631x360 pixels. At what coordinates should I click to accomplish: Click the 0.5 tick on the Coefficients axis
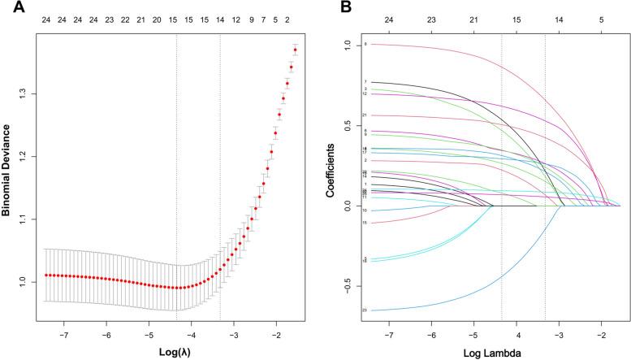349,126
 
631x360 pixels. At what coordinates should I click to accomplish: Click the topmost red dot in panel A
296,50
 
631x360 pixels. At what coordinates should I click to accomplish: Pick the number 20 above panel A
156,15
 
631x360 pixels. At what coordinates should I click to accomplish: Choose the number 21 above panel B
473,15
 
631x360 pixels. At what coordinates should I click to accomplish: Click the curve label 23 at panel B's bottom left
365,310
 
